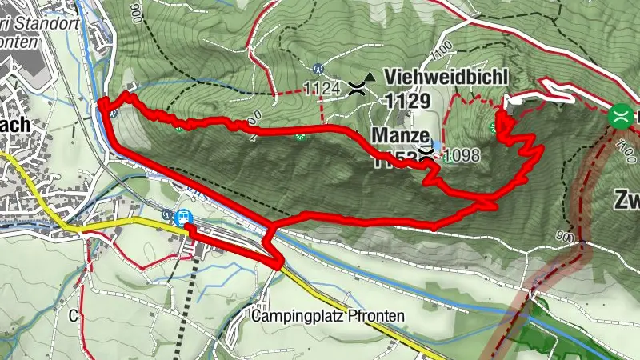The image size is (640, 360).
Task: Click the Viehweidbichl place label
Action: coord(446,78)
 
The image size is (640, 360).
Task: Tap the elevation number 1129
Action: coord(408,101)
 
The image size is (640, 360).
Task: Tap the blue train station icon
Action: coord(183,217)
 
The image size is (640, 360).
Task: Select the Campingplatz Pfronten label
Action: coord(327,316)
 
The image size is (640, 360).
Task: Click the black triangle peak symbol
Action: coord(368,78)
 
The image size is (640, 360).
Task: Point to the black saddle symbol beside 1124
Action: coord(357,90)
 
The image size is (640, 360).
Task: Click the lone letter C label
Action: coord(73,315)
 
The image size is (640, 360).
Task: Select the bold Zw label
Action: coord(626,199)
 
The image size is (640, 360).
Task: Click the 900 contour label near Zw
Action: coord(565,237)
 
